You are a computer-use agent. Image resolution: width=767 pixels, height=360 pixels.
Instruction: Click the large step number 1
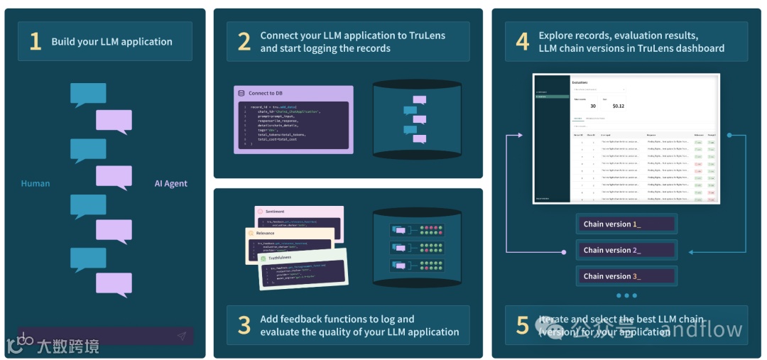[35, 41]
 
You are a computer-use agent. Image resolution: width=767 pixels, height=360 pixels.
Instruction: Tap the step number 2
[244, 41]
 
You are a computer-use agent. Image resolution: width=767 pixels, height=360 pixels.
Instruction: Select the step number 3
[244, 324]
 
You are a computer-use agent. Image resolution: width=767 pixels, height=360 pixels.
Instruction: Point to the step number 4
[522, 41]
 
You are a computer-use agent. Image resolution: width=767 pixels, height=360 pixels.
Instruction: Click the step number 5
[522, 324]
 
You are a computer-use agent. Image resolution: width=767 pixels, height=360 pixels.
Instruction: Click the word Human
[36, 183]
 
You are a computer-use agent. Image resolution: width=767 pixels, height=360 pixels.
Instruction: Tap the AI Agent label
[171, 183]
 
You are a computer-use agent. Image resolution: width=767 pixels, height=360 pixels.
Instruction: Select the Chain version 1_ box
[626, 224]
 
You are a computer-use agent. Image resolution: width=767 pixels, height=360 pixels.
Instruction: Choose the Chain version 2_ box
[626, 250]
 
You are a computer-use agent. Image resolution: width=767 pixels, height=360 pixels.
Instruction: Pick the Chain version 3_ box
[626, 276]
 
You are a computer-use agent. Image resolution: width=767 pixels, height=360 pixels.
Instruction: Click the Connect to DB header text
[265, 93]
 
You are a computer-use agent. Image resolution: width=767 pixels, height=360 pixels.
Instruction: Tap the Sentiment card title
[275, 212]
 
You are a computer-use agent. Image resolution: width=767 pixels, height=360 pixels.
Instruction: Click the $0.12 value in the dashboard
[618, 106]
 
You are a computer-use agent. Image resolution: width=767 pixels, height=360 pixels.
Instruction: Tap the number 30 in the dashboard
[592, 106]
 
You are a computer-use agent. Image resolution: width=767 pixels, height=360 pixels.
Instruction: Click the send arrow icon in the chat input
[182, 336]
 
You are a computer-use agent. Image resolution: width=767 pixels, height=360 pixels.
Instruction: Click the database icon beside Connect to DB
[241, 93]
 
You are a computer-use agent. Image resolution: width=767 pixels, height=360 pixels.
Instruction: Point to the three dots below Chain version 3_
[627, 295]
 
